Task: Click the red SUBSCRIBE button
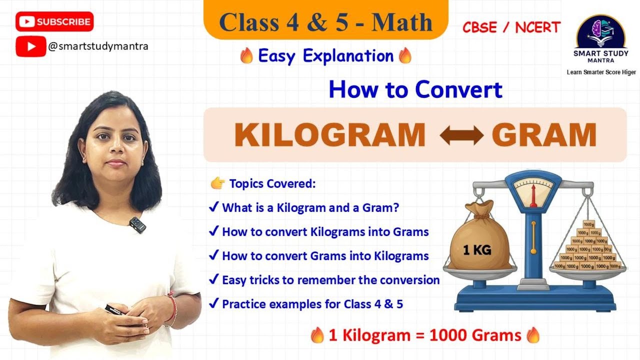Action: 54,22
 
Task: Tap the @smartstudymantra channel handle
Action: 98,46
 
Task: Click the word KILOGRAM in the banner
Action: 329,135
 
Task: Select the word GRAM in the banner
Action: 544,135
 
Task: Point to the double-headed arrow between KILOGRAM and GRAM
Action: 461,135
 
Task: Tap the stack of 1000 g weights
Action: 590,247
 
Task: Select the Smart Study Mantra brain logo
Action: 601,32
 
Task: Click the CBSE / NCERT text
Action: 511,27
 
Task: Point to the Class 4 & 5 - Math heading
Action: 325,22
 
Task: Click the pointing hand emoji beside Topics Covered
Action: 217,184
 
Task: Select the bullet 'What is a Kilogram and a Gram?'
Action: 310,207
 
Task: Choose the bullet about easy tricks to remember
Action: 330,280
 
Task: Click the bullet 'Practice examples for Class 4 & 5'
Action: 312,304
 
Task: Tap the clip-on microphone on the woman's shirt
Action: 136,224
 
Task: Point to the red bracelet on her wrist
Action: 172,307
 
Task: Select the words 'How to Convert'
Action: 415,90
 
